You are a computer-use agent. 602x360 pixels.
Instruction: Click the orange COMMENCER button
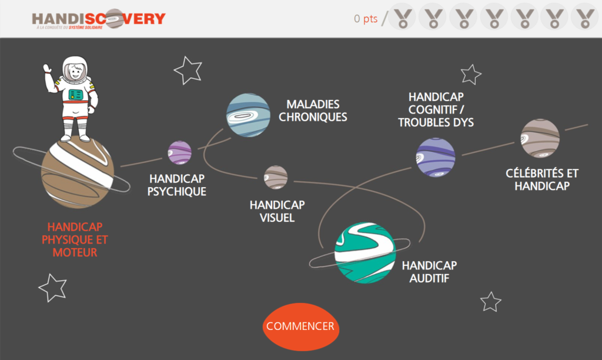(300, 326)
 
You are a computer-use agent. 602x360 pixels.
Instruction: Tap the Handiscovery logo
(99, 19)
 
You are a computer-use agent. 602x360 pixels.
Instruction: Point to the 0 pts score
(366, 19)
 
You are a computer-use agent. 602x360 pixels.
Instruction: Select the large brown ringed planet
(77, 173)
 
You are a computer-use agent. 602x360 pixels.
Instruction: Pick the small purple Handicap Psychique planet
(180, 152)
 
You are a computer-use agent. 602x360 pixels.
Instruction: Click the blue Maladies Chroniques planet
(249, 115)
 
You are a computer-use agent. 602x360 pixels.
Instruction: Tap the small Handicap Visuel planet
(276, 177)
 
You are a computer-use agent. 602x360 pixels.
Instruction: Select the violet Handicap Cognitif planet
(436, 157)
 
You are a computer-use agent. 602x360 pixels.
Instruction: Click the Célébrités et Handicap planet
(540, 138)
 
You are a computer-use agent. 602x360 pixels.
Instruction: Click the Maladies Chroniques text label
(313, 111)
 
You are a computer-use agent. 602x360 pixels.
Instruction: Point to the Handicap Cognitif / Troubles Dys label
(436, 109)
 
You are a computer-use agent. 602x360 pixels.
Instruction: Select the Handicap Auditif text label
(429, 272)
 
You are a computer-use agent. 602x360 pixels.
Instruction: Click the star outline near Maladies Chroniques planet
(188, 71)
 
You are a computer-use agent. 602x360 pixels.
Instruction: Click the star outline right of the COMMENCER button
(490, 302)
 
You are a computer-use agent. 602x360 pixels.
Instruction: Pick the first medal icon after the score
(403, 18)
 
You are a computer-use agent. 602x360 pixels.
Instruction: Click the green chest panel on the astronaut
(76, 94)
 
